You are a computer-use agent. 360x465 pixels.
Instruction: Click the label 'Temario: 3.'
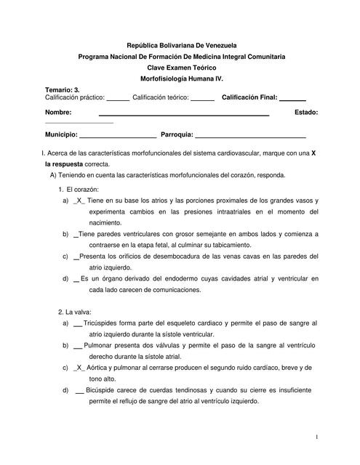click(x=62, y=89)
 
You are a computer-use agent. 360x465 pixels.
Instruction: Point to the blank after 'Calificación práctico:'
click(x=118, y=97)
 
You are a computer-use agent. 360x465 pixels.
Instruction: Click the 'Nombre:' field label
click(x=58, y=113)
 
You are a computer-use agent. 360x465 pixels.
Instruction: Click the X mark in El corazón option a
click(x=80, y=200)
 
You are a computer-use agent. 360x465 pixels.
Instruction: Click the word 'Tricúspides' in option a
click(x=105, y=322)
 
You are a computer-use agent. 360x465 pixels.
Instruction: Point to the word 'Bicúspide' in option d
click(x=103, y=391)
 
